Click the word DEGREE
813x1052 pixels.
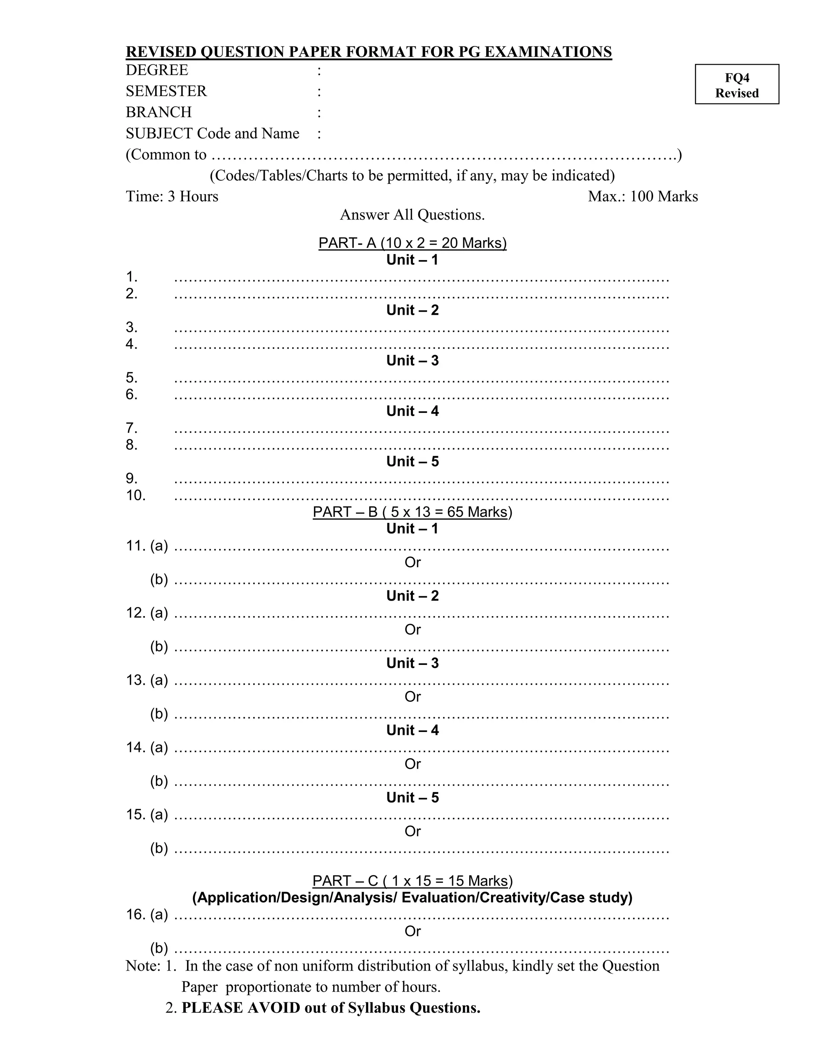157,70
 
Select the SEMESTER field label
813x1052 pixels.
166,92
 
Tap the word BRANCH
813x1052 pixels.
158,112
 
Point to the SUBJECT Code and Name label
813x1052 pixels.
212,133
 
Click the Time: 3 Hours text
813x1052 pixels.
172,197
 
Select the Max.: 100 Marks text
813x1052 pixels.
643,197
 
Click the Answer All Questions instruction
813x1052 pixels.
412,215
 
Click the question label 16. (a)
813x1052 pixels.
147,914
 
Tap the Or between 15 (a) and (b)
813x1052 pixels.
412,831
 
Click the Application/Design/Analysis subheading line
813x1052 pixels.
412,898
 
